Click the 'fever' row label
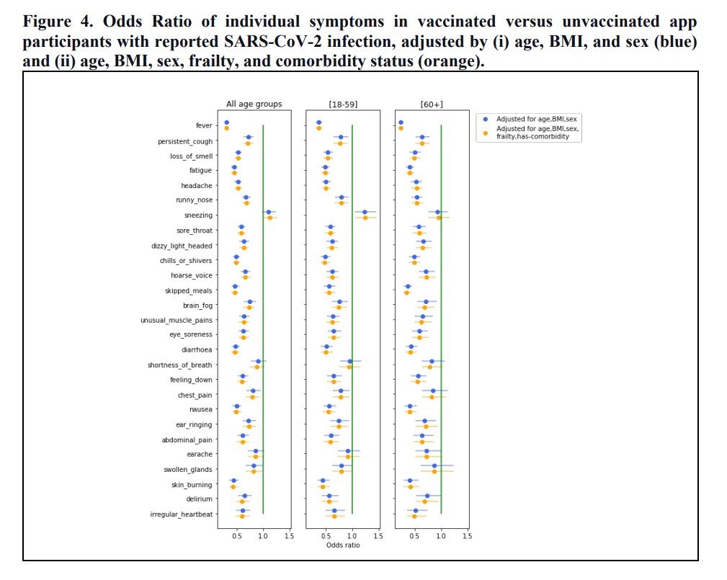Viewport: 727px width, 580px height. click(204, 126)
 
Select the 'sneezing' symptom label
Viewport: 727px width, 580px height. click(198, 215)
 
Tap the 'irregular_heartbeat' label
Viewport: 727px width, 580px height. click(181, 514)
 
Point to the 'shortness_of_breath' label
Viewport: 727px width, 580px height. click(180, 365)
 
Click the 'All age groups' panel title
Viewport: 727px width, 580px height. click(254, 104)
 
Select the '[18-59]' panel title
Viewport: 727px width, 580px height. click(342, 104)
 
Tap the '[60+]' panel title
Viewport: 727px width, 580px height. click(432, 104)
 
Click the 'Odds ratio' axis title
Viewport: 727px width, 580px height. click(343, 545)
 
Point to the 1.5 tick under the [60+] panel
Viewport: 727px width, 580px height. click(467, 535)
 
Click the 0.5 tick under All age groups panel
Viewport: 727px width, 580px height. click(237, 535)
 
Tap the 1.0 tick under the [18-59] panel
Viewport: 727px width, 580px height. click(352, 535)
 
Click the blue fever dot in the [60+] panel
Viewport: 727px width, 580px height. click(401, 122)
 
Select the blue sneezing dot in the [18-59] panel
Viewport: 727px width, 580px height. click(365, 213)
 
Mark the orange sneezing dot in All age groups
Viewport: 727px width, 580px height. click(270, 218)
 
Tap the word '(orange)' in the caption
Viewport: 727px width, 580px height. click(445, 61)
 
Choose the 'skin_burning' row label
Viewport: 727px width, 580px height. click(192, 484)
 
